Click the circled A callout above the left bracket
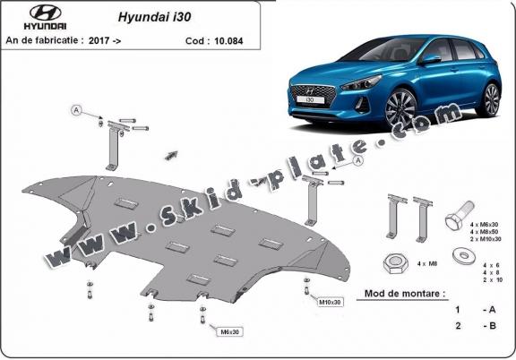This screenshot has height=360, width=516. (77, 109)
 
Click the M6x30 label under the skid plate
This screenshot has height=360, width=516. (229, 332)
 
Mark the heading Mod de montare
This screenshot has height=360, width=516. (405, 293)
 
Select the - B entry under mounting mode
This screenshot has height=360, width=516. (489, 327)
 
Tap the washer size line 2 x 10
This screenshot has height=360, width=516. (489, 280)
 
